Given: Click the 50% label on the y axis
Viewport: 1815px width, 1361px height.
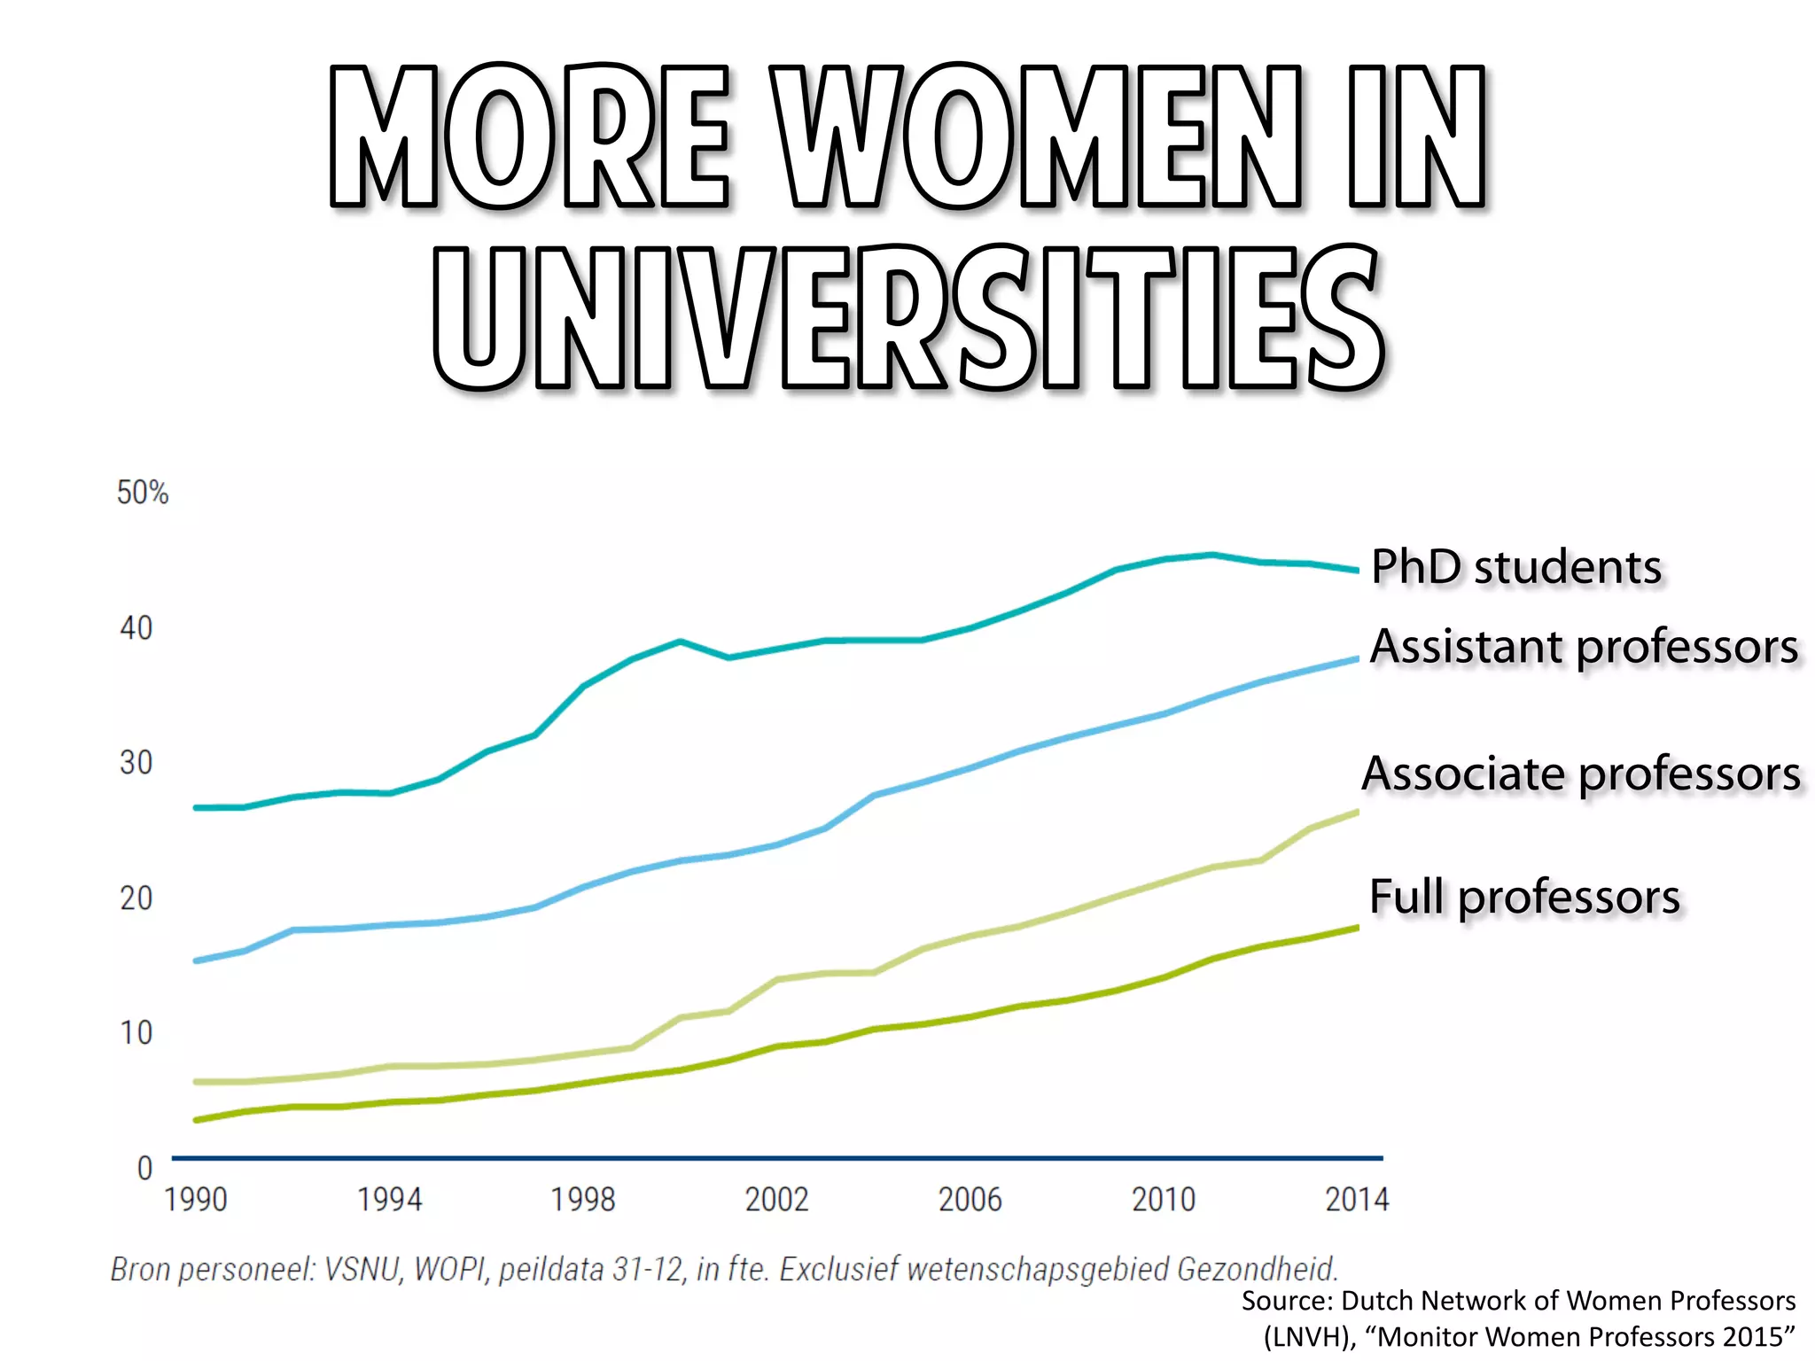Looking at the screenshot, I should point(143,493).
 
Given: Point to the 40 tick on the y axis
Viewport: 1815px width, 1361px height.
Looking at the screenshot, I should point(136,628).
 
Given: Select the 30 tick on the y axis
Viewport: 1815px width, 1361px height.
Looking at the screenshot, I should point(136,763).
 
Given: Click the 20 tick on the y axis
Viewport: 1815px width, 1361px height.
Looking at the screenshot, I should point(136,898).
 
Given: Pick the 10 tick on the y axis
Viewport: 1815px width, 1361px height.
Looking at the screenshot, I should point(136,1033).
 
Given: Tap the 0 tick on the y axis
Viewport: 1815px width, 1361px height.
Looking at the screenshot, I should point(145,1168).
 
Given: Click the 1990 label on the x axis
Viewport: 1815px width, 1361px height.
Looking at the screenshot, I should point(196,1200).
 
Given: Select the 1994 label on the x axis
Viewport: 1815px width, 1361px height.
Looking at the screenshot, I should point(389,1200).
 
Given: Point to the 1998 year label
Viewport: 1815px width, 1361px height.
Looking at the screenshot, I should point(583,1200).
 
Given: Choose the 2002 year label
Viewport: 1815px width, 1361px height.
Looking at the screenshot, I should point(776,1200).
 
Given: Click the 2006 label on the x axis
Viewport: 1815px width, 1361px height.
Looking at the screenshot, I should point(970,1200).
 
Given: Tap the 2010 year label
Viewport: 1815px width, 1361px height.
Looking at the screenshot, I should point(1164,1200).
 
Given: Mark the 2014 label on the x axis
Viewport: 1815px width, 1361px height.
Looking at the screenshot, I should point(1357,1200).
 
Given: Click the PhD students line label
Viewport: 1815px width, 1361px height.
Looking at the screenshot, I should point(1516,567).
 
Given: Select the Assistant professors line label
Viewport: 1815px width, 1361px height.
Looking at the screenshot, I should point(1584,647).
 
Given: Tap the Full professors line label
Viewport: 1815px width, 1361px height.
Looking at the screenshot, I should point(1524,897).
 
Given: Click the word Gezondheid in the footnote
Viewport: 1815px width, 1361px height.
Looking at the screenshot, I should point(1257,1270).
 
